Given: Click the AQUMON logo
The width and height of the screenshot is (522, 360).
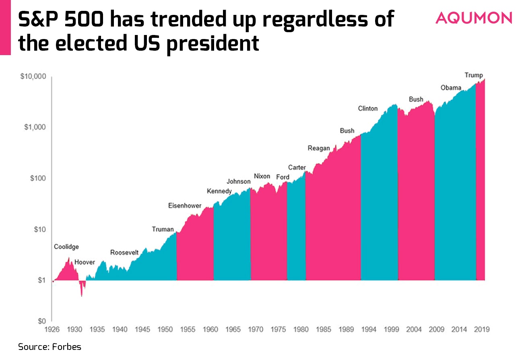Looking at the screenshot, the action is [474, 18].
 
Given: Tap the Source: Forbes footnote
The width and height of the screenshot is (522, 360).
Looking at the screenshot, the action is [50, 347].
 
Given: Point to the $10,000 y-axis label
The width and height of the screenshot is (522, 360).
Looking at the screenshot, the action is [33, 76].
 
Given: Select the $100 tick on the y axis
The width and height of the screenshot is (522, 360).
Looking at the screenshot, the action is [38, 178].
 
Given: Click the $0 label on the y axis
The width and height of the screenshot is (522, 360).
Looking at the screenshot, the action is [42, 321].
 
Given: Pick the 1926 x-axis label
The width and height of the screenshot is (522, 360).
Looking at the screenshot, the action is [52, 329].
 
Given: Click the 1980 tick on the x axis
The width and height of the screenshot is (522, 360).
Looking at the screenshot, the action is [301, 329].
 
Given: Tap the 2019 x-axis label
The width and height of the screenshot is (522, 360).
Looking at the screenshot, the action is [482, 329].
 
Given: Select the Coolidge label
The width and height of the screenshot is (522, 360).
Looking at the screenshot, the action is [66, 247].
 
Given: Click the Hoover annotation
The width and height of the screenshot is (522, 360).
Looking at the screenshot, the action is [85, 262].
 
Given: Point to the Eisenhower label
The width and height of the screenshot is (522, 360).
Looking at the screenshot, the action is [185, 206].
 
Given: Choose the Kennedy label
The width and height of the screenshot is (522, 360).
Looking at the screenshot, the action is [219, 191].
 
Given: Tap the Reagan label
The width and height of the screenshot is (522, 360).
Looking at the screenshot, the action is [319, 148].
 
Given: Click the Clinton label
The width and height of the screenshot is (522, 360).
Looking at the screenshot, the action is [368, 109].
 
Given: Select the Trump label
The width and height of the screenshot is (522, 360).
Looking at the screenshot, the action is [474, 75].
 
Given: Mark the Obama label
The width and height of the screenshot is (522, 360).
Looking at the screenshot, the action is [451, 88].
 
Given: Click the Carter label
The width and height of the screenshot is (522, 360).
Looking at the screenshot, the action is [297, 167].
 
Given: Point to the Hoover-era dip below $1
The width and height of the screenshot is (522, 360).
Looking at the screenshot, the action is [82, 287].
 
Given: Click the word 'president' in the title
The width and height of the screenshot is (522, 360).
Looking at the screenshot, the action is [213, 43].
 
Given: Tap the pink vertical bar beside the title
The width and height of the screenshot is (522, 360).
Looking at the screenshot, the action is [5, 27].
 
